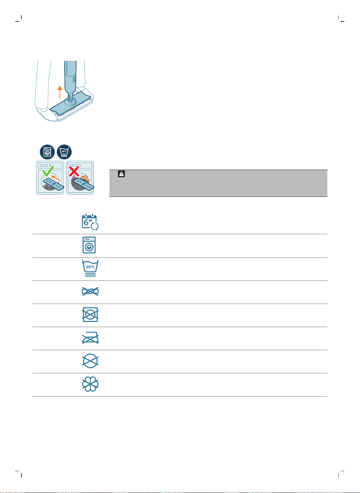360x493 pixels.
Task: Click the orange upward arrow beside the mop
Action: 59,92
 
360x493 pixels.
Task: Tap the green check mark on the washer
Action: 48,171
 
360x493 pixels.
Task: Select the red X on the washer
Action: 74,171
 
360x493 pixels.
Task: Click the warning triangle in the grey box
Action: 121,174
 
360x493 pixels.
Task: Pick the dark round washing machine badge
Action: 47,152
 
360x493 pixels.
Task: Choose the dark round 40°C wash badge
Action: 64,152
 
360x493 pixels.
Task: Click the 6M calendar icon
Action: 90,222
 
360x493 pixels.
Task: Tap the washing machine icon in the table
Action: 89,245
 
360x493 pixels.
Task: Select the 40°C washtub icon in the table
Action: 90,268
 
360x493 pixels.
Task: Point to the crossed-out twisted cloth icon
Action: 90,291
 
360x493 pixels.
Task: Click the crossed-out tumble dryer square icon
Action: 90,314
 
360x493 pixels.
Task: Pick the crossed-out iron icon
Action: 90,338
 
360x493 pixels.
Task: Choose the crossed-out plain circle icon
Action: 90,361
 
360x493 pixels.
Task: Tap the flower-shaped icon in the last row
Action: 90,384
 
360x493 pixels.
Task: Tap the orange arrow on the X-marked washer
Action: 86,178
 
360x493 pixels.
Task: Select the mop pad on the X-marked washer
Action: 84,184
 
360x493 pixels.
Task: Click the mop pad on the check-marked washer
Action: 54,184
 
